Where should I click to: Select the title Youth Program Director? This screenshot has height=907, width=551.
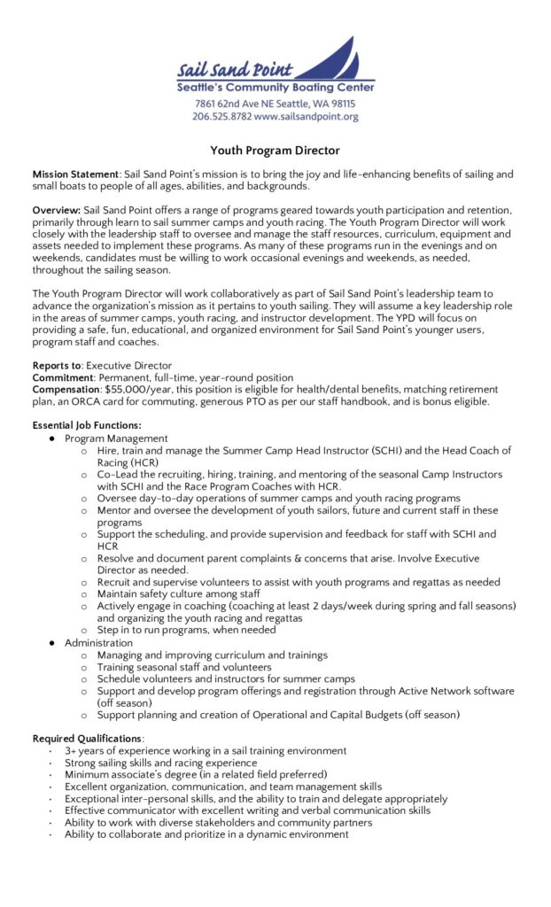[x=275, y=151]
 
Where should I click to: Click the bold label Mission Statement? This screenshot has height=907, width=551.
[x=74, y=174]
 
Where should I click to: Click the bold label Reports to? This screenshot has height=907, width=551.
[x=58, y=365]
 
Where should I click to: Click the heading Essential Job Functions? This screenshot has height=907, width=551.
[x=87, y=425]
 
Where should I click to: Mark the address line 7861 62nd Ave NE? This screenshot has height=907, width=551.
[x=239, y=104]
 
